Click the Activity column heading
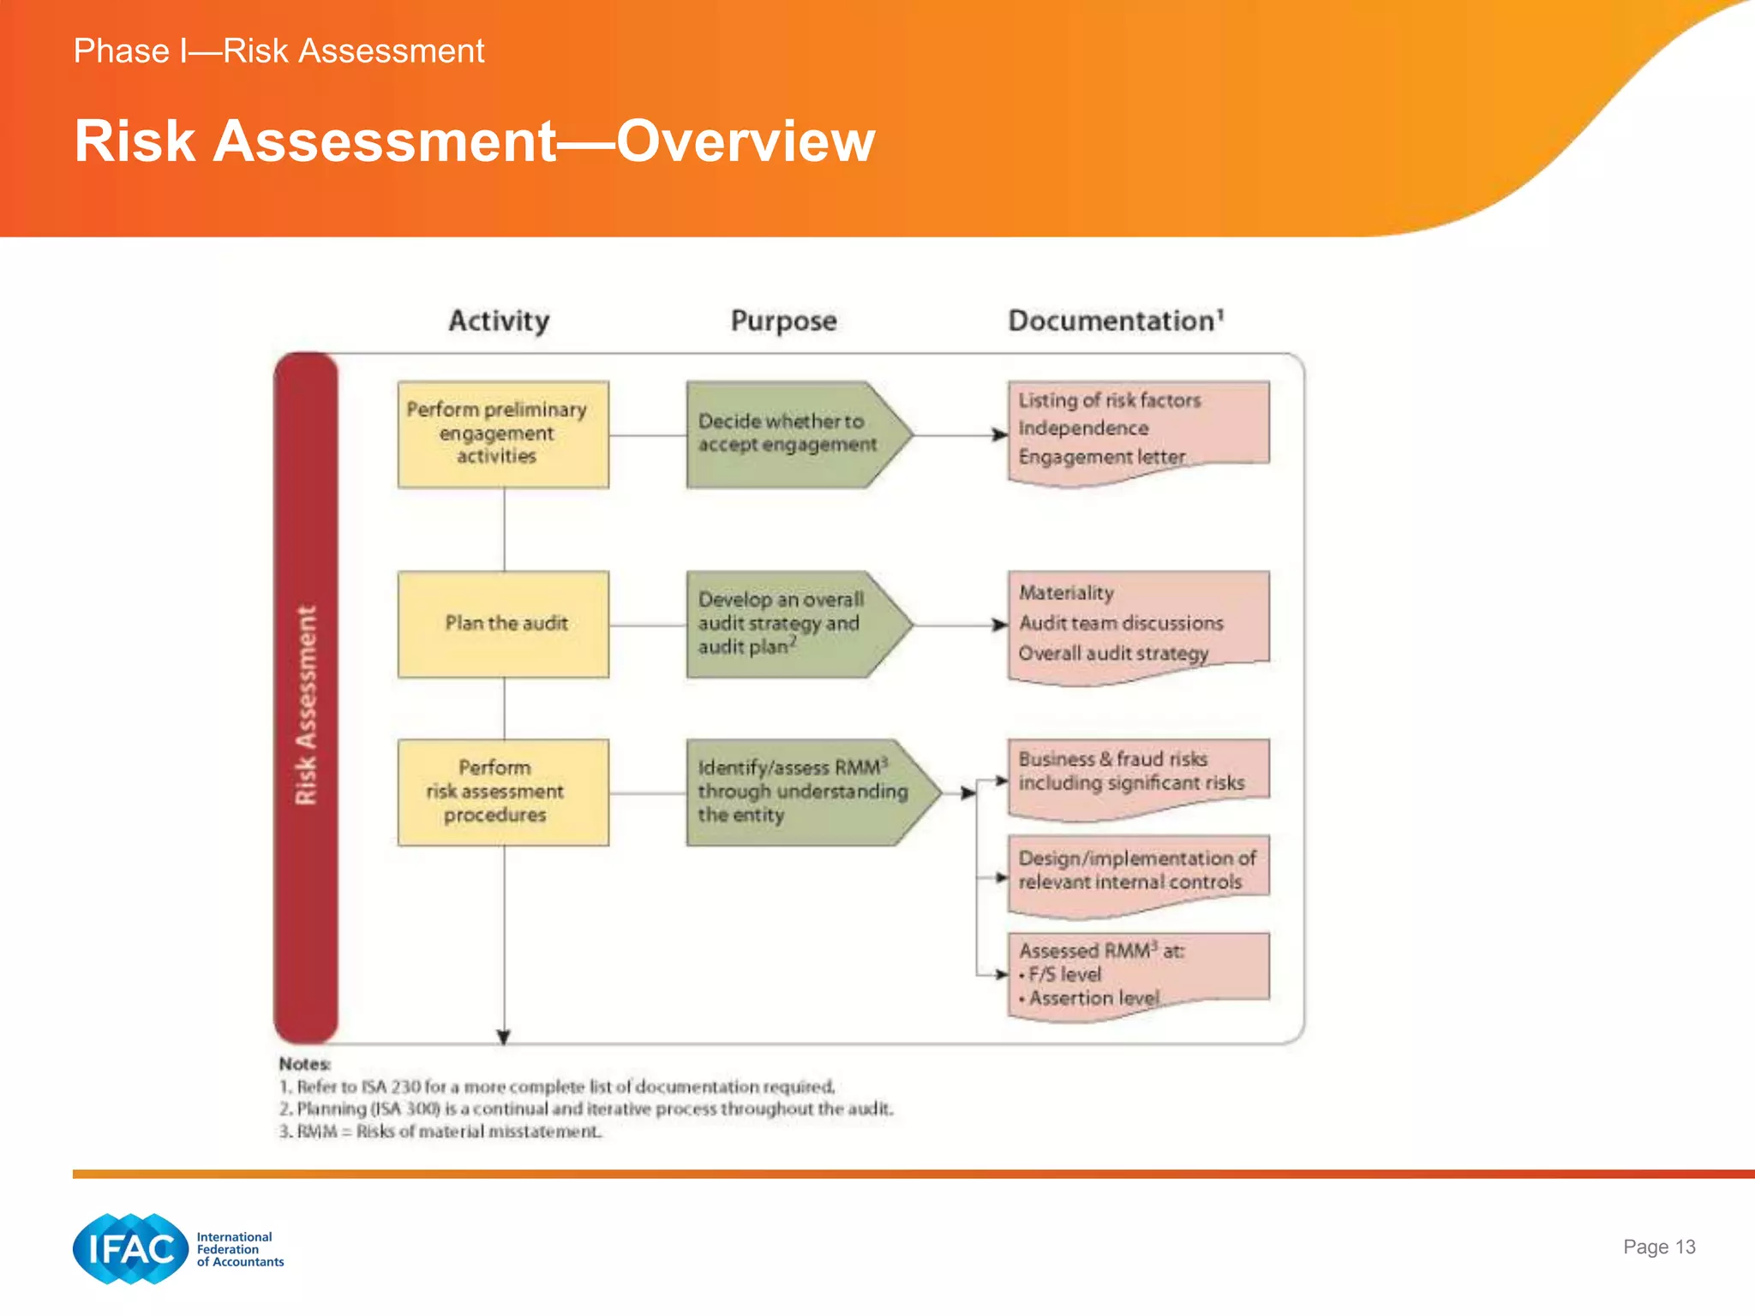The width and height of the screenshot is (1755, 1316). coord(499,320)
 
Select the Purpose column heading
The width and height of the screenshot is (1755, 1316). coord(783,320)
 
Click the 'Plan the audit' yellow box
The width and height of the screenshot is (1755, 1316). coord(504,624)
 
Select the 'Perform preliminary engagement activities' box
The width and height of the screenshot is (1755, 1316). coord(504,434)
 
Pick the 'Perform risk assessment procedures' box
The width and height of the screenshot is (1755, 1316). coord(504,792)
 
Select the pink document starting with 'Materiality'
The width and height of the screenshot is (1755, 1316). coord(1138,624)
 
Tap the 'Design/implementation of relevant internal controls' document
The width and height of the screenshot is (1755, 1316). coord(1138,871)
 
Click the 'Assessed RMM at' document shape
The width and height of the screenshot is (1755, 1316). coord(1138,973)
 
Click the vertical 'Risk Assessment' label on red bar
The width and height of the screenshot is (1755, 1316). coord(306,704)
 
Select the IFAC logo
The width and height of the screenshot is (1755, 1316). coord(131,1248)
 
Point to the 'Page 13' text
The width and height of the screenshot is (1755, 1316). coord(1658,1247)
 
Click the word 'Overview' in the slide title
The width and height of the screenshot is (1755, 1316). coord(746,141)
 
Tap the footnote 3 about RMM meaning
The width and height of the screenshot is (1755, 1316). coord(440,1132)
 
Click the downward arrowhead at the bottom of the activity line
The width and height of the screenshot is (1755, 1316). coord(504,1037)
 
